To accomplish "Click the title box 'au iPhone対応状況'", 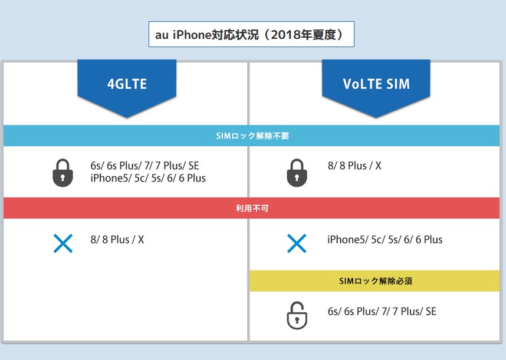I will pos(251,35).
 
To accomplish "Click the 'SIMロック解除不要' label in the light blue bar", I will pos(252,136).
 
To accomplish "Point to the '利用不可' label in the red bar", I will pos(252,208).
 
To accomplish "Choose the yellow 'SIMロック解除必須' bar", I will pos(376,281).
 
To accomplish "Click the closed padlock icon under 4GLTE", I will pos(63,173).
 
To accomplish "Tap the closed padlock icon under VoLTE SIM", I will pos(297,173).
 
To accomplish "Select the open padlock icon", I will pos(297,316).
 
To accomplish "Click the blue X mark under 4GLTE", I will pos(63,243).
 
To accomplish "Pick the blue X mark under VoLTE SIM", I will pos(297,243).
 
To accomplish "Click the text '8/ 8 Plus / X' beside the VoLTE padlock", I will pos(354,166).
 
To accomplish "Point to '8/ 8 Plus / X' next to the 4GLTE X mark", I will pos(117,240).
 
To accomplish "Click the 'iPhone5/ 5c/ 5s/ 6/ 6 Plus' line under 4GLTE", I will pos(148,178).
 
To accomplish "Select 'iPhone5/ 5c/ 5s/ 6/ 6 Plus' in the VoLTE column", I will pos(385,240).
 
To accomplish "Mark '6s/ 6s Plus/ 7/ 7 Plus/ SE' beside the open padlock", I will pos(382,311).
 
